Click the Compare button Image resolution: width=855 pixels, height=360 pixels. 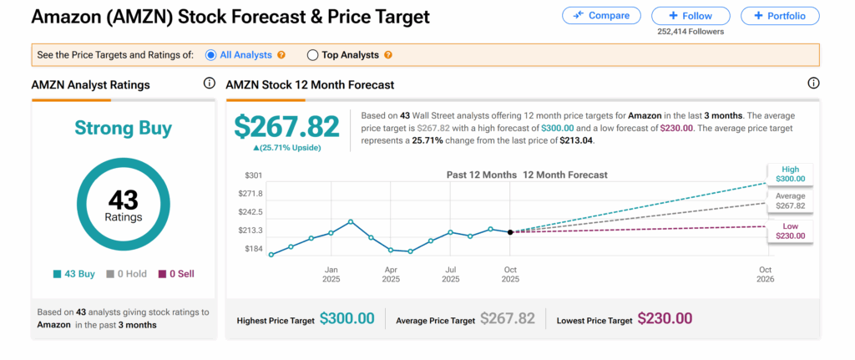pos(601,15)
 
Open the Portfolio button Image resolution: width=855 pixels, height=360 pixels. pos(781,15)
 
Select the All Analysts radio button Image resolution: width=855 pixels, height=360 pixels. pos(210,55)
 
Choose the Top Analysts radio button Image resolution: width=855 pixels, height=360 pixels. pos(313,55)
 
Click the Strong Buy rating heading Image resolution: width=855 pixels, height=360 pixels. pos(124,128)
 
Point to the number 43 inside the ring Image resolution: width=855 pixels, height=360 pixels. pos(124,200)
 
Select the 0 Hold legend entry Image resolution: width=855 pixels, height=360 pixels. pos(126,274)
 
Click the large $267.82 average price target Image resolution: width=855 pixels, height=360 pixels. pos(286,126)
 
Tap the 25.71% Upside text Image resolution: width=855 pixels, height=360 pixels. pos(286,148)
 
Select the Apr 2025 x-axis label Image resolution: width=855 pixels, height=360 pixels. pos(391,274)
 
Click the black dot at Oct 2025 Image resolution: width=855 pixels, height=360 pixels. pos(510,231)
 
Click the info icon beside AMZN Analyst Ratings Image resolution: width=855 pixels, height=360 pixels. pos(209,84)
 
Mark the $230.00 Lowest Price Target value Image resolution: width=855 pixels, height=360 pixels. pos(665,318)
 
